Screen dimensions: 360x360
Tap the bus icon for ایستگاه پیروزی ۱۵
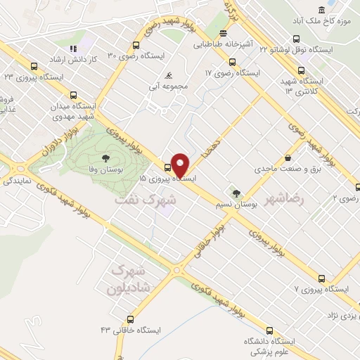(x=167, y=167)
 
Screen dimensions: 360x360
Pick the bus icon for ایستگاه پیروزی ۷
(x=321, y=278)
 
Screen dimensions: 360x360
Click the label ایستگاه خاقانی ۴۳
(x=127, y=330)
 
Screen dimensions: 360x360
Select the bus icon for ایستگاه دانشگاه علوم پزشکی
(x=270, y=330)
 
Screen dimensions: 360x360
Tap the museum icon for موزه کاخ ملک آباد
(x=321, y=10)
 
